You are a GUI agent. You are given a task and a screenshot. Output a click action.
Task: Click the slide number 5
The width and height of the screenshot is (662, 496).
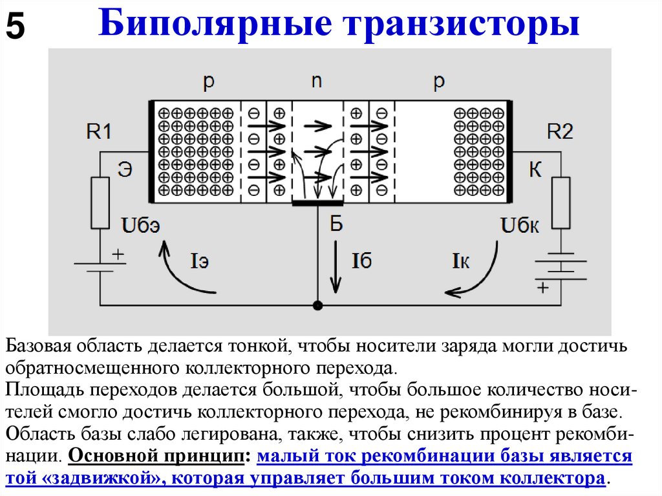pyautogui.click(x=16, y=27)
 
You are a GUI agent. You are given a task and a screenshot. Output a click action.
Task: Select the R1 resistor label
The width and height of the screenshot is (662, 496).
pyautogui.click(x=99, y=132)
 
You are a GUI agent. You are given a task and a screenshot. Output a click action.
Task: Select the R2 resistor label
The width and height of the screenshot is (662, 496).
pyautogui.click(x=560, y=132)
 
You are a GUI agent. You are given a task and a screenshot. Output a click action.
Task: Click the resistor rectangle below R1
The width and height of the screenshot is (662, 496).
pyautogui.click(x=100, y=202)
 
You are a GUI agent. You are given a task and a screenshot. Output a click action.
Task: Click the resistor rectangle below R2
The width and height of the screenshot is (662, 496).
pyautogui.click(x=561, y=202)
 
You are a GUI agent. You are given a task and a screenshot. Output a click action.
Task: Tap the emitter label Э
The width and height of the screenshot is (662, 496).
pyautogui.click(x=125, y=170)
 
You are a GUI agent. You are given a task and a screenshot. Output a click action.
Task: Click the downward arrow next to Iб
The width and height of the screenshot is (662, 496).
pyautogui.click(x=336, y=265)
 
